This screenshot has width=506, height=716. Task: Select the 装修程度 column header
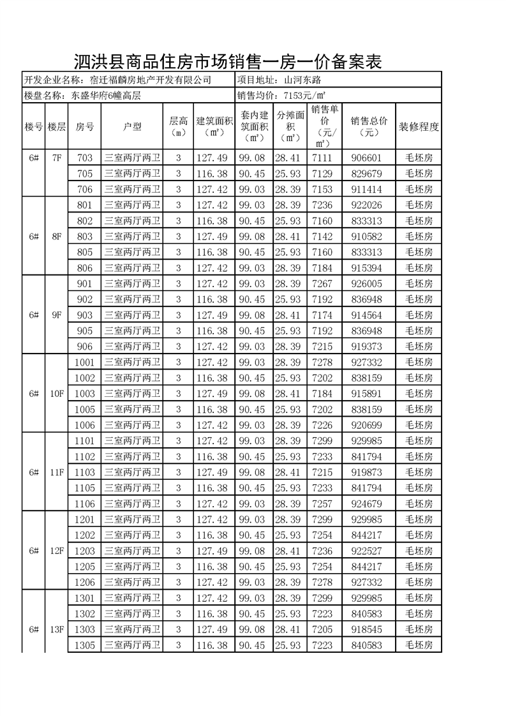(x=419, y=126)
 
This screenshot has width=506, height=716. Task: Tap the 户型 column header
(x=132, y=126)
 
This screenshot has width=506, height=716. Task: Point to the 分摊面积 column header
(x=290, y=126)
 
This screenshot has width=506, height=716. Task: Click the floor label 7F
(x=56, y=158)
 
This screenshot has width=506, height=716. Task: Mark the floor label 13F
(x=56, y=629)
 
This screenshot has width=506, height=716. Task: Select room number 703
(x=84, y=158)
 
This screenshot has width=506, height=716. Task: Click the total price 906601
(x=366, y=158)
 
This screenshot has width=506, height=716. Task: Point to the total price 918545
(x=366, y=629)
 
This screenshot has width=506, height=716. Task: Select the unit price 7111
(x=322, y=158)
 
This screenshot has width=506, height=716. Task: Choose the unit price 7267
(x=322, y=284)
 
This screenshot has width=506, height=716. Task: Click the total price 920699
(x=366, y=425)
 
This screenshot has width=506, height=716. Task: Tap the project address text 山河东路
(x=301, y=80)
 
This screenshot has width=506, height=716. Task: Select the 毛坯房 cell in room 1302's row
(x=419, y=614)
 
